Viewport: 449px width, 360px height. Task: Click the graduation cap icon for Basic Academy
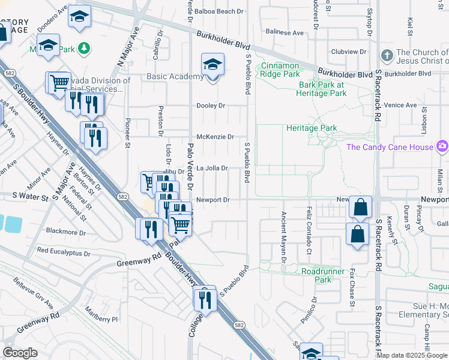212,64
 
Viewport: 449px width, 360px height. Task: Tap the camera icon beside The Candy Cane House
442,146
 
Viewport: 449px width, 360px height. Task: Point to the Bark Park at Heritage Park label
322,89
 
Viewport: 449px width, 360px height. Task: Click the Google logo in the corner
20,352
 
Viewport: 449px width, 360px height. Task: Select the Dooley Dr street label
211,106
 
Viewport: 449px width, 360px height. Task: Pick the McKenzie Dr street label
215,137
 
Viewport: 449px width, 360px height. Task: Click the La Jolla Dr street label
212,169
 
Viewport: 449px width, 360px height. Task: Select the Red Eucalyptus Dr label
64,252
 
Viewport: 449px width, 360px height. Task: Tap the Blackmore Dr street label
66,232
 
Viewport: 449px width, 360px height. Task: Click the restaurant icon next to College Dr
205,298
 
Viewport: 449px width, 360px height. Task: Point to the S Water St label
30,196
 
